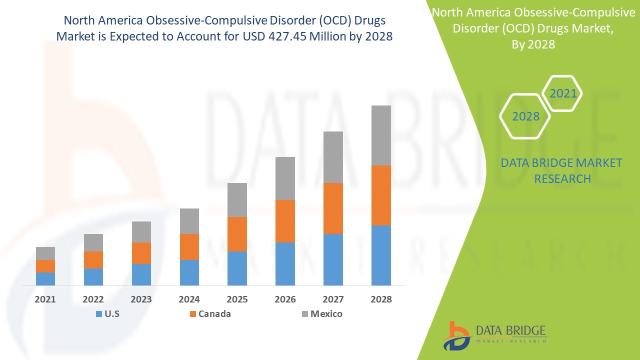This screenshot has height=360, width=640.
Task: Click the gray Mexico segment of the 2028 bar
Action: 381,135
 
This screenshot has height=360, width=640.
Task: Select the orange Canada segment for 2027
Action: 333,208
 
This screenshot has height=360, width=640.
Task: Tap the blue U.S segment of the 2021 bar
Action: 45,279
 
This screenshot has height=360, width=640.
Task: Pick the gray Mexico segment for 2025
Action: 237,200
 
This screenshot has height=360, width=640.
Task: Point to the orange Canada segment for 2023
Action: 141,253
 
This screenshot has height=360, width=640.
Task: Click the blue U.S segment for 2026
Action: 285,264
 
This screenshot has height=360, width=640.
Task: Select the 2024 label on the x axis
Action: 189,299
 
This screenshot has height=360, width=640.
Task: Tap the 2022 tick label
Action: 93,299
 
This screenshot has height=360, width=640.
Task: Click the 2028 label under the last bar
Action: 381,299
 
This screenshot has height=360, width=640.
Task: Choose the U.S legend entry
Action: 107,314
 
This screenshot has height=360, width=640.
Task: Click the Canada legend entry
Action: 210,314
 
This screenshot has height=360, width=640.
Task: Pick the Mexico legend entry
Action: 322,314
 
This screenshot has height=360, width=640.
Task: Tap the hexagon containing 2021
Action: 563,93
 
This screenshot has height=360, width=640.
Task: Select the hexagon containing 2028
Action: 525,116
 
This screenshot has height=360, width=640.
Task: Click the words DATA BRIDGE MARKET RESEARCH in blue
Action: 562,170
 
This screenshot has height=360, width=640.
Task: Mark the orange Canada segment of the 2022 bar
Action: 93,260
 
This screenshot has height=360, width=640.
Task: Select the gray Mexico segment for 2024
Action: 189,221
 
